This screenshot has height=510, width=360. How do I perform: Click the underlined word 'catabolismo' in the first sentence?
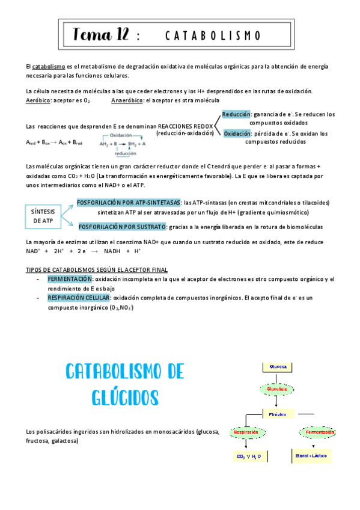[x=49, y=66]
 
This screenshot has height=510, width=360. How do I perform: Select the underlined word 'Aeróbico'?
[x=38, y=100]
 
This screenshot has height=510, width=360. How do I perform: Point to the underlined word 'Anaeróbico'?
[x=127, y=100]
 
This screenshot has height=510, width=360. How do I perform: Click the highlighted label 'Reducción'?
[x=236, y=114]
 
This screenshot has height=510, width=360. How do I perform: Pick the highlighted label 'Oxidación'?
[x=237, y=134]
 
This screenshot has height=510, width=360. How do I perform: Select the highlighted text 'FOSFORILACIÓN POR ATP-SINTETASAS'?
[x=129, y=203]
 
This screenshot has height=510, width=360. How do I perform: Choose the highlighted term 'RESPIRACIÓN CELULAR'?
[x=79, y=298]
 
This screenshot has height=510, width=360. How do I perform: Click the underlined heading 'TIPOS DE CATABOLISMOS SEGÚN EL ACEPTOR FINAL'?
[x=97, y=269]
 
